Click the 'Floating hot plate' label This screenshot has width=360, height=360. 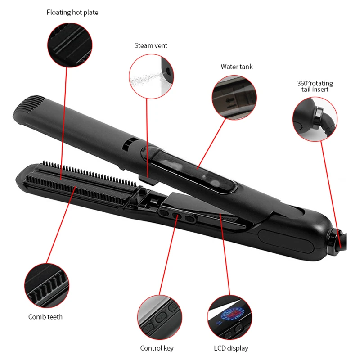72,13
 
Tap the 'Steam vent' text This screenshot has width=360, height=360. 151,45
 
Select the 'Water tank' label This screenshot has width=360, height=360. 236,67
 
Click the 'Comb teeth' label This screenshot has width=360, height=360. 45,317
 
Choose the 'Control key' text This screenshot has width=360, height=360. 157,348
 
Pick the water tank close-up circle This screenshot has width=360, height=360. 234,97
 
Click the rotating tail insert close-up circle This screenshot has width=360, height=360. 315,118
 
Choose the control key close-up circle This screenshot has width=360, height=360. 159,317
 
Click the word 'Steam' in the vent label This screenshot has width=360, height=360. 143,45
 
